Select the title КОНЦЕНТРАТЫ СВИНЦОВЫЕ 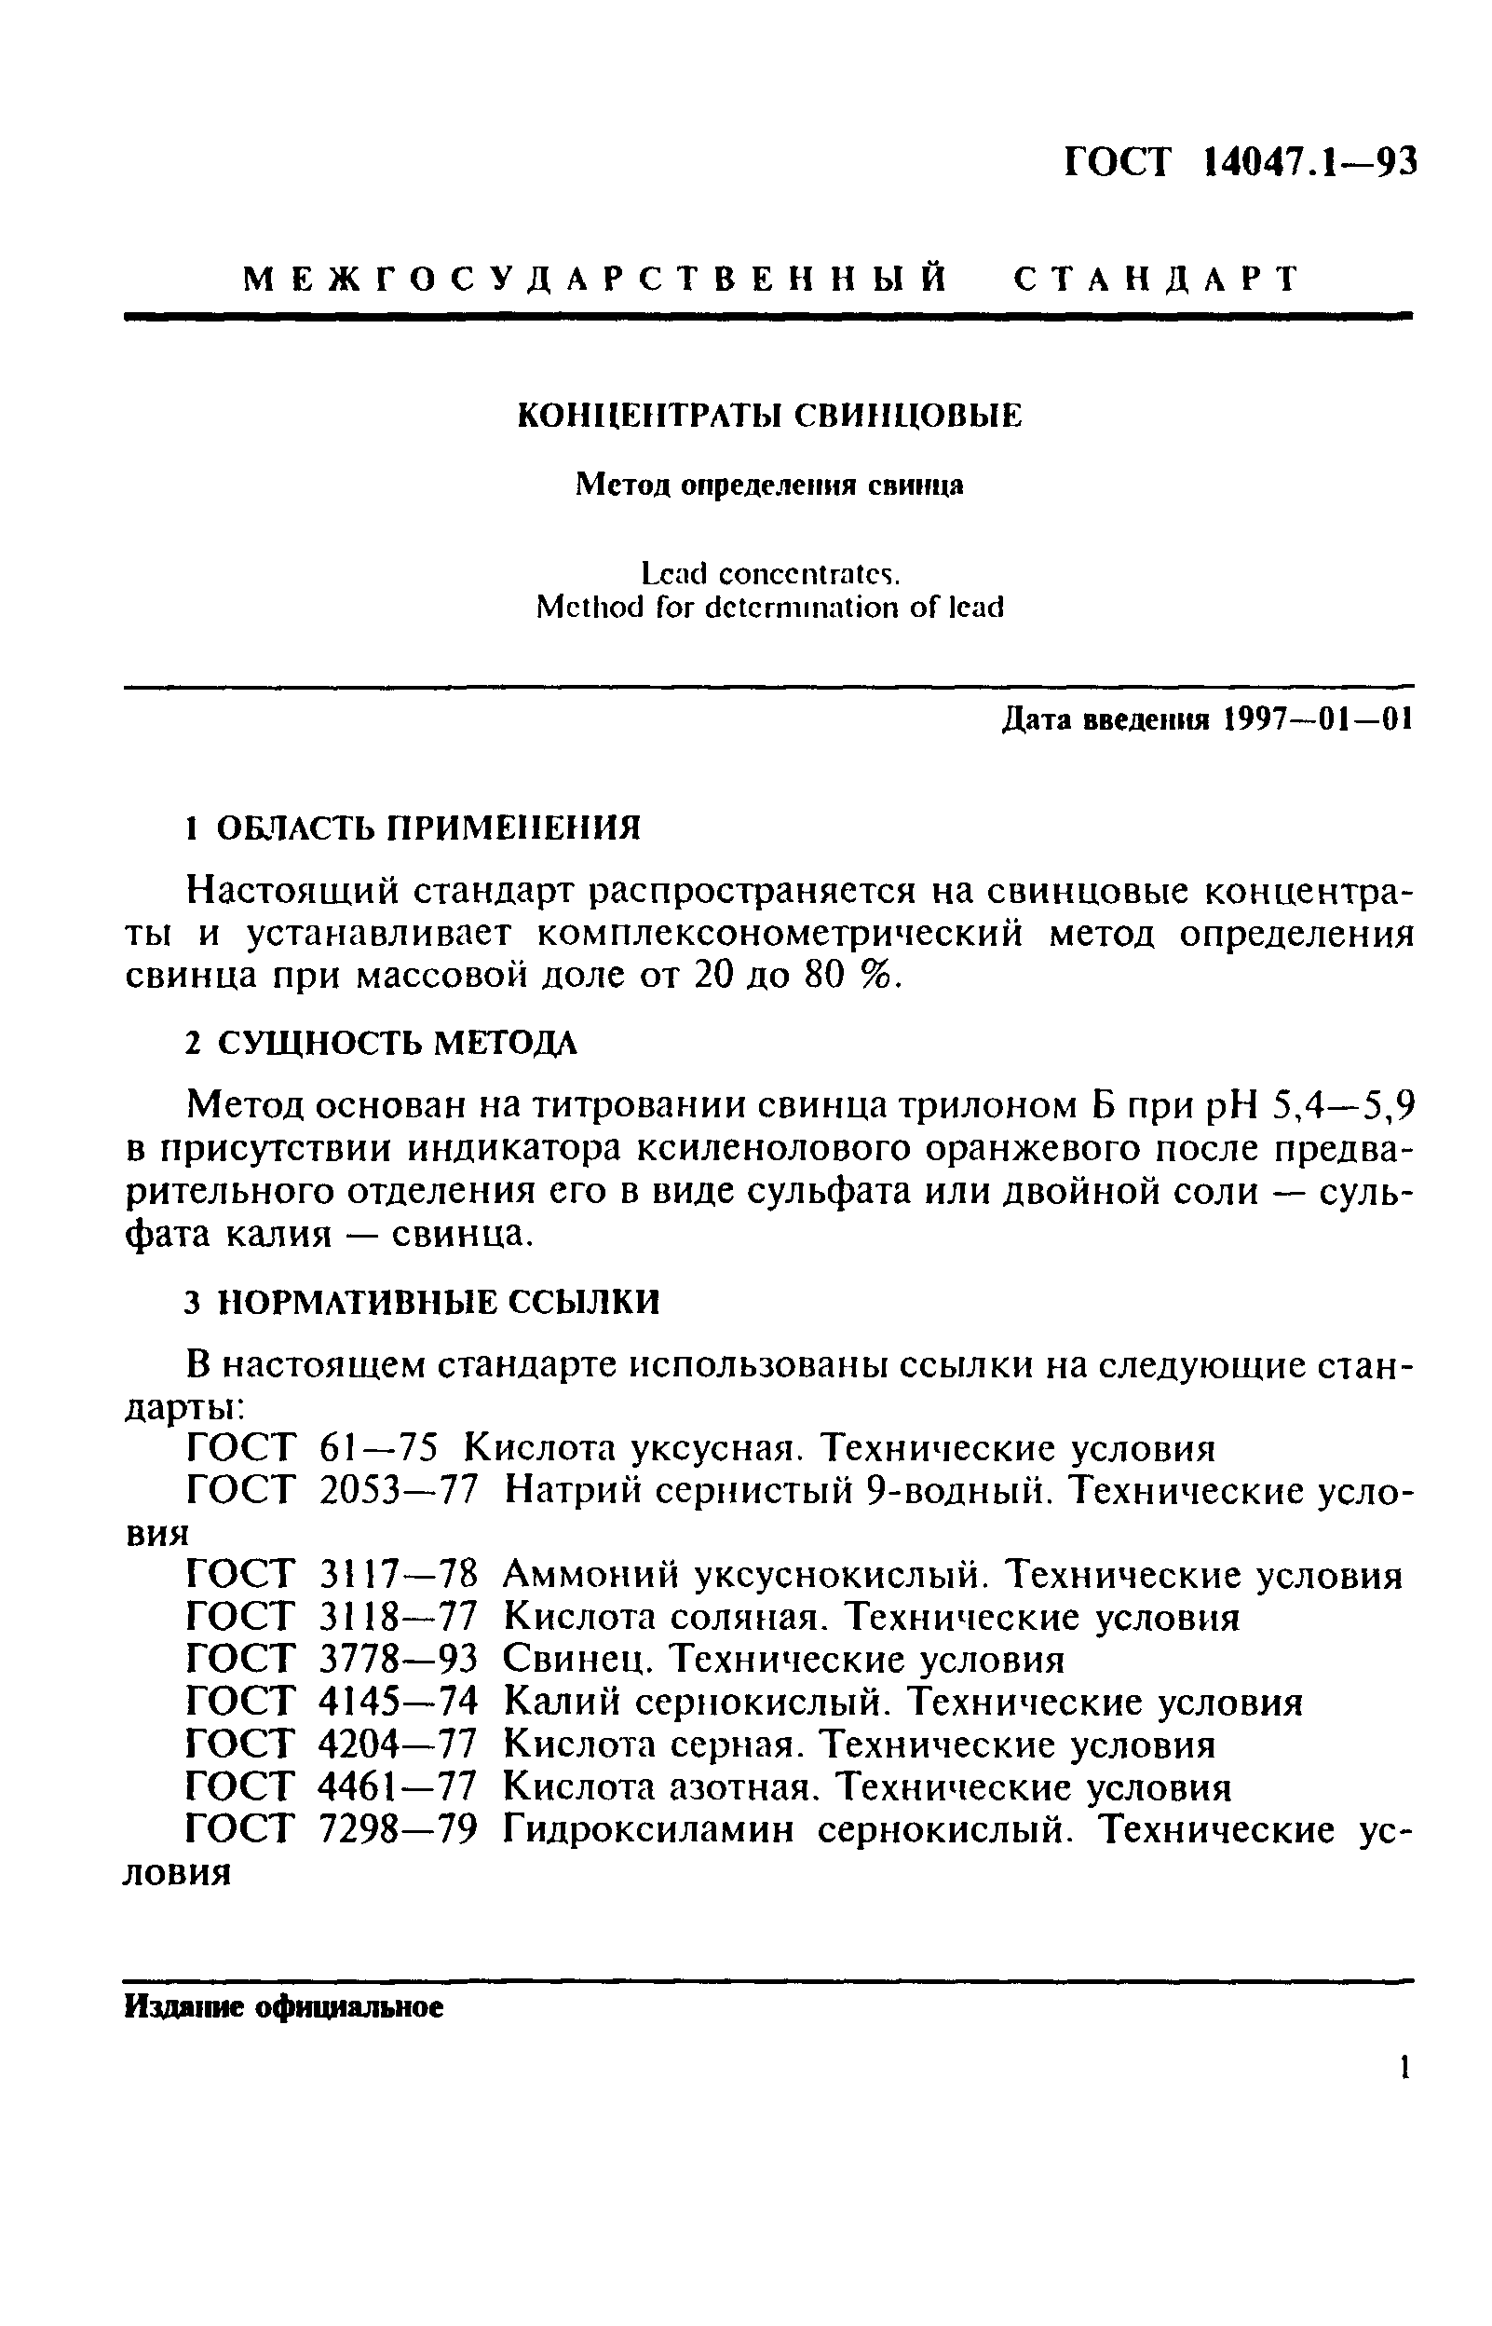point(770,416)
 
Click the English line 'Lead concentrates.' point(770,575)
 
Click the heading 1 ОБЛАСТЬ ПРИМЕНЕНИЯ point(413,828)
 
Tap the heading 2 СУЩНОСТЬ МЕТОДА point(381,1044)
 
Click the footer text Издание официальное point(284,2007)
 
